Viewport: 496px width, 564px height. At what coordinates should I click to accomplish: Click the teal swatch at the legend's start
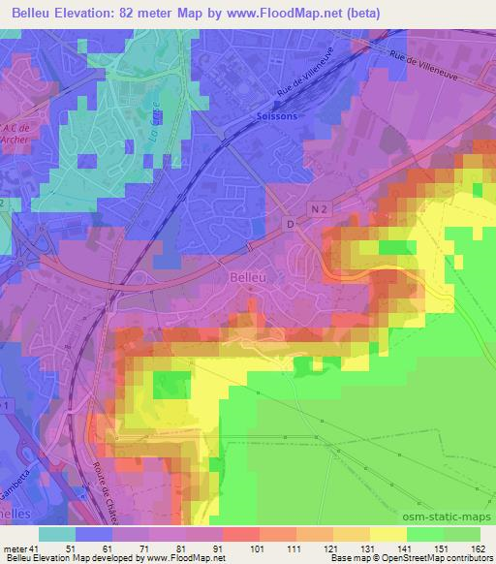(57, 534)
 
